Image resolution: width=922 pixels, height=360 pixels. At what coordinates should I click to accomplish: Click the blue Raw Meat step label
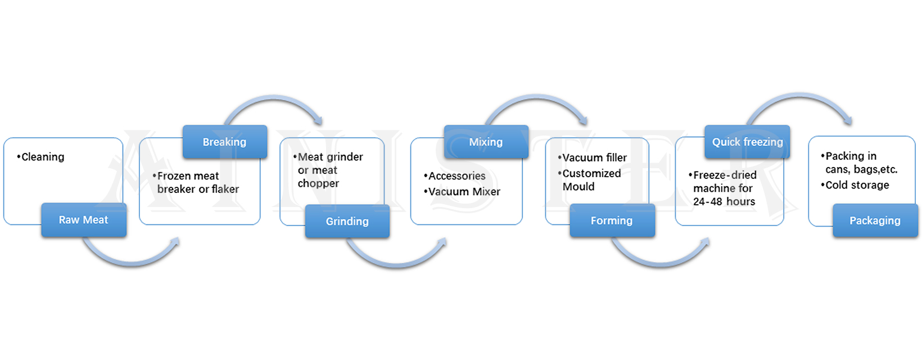point(84,220)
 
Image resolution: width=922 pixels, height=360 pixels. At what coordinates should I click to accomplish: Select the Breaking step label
point(224,142)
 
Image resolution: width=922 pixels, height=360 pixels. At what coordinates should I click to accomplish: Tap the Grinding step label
point(347,221)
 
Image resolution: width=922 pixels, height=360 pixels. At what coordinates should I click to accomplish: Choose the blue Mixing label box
point(486,142)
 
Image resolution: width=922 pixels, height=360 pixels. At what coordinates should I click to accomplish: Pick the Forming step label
point(612,220)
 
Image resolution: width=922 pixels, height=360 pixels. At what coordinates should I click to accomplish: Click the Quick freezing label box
point(747,142)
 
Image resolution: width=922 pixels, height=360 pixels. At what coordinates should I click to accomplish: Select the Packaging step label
point(875,220)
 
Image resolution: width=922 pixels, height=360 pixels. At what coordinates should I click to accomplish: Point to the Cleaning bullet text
point(42,157)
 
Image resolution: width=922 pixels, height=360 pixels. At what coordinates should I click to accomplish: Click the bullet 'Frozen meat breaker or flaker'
point(197,182)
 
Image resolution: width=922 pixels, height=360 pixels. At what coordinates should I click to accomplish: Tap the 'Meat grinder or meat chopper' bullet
point(329,170)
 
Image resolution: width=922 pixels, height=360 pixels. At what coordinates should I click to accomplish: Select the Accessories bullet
point(457,176)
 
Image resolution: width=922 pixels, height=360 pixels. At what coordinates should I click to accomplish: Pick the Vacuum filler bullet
point(594,158)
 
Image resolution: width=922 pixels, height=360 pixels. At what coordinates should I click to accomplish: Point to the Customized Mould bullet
point(591,180)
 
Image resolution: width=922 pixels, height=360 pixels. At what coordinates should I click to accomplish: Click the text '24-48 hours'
point(724,201)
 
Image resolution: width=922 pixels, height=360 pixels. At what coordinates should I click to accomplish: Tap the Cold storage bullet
point(857,185)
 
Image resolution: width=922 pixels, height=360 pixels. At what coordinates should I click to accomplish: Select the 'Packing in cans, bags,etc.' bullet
point(860,163)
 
